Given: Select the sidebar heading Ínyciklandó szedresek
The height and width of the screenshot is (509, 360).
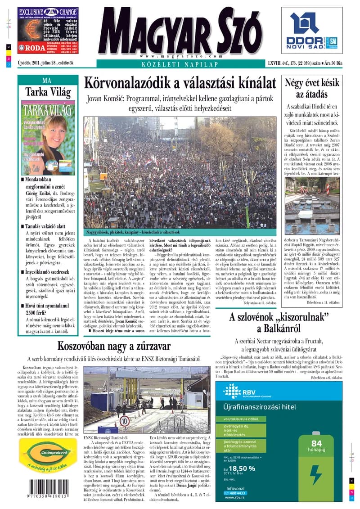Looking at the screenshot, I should (49, 272).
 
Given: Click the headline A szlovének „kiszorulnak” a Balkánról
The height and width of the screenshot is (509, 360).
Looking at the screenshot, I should (277, 323).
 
